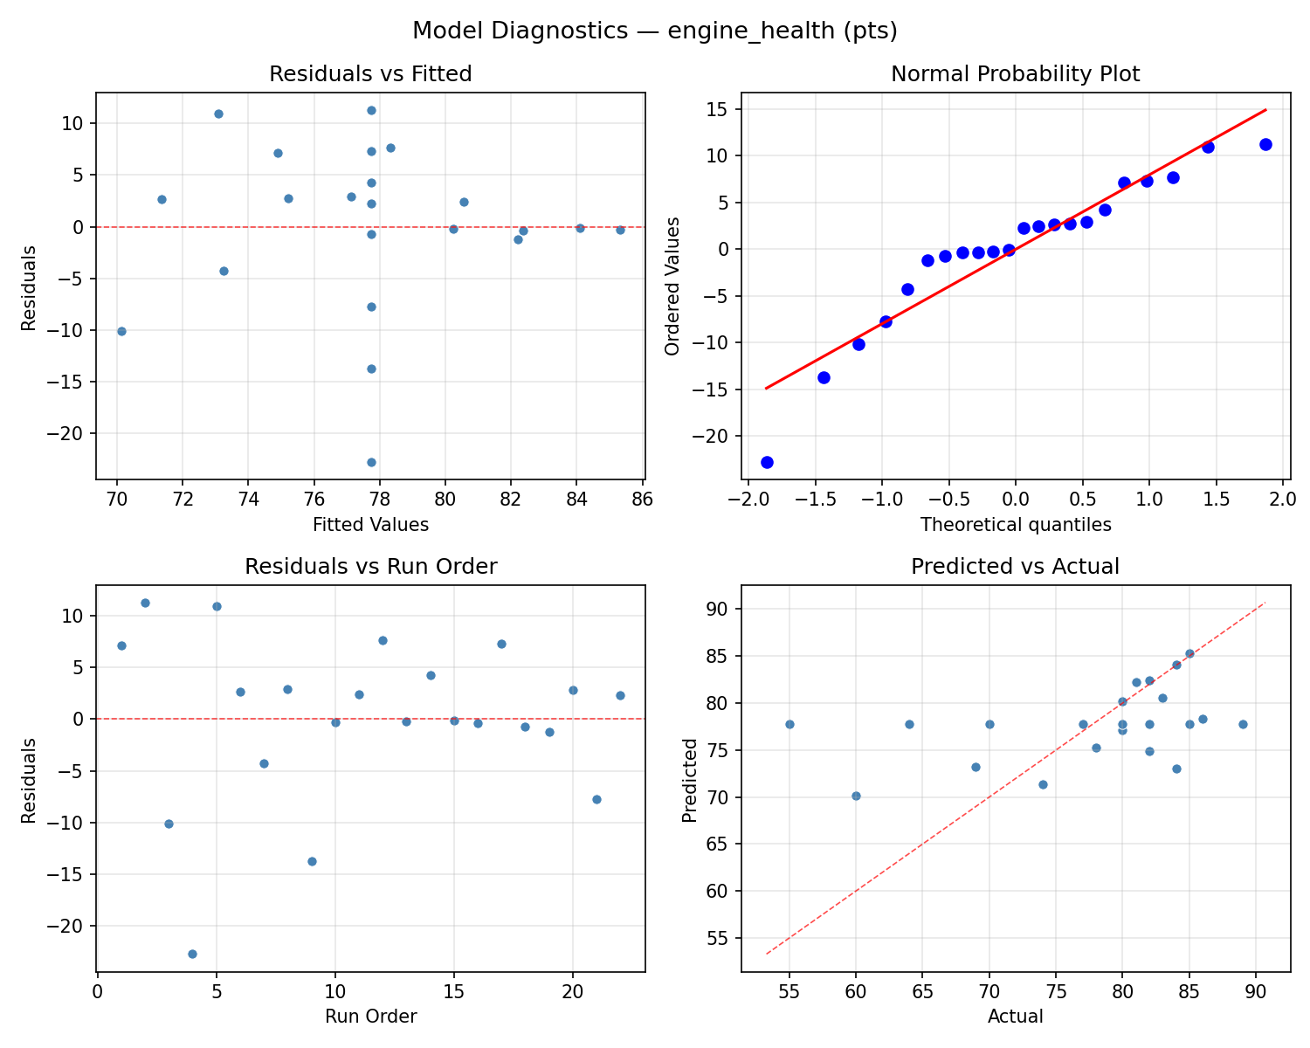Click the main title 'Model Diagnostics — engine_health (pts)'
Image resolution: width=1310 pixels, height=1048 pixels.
654,31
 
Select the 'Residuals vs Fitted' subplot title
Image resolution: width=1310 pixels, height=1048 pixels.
370,74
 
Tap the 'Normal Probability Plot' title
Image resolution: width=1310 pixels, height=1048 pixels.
1015,74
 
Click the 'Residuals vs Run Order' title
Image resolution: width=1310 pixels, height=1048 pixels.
370,567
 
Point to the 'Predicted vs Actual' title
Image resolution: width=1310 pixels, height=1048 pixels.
1015,567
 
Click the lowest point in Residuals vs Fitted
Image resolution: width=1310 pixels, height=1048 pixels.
371,462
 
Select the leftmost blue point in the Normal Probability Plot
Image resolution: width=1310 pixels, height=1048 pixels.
767,462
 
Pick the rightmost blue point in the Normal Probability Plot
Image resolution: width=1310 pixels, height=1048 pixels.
1265,144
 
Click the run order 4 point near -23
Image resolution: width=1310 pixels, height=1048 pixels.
192,954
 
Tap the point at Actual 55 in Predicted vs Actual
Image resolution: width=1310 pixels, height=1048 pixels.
789,724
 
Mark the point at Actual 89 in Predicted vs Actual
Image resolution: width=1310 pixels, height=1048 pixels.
1243,724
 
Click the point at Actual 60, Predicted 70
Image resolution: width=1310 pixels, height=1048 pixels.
856,796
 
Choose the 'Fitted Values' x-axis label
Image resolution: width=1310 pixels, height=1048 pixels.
370,525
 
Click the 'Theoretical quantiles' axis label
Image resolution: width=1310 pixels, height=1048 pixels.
1015,525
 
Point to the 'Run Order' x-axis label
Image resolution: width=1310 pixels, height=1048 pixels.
370,1017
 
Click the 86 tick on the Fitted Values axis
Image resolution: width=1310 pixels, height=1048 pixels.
642,500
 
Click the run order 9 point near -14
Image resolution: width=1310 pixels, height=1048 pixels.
312,861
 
